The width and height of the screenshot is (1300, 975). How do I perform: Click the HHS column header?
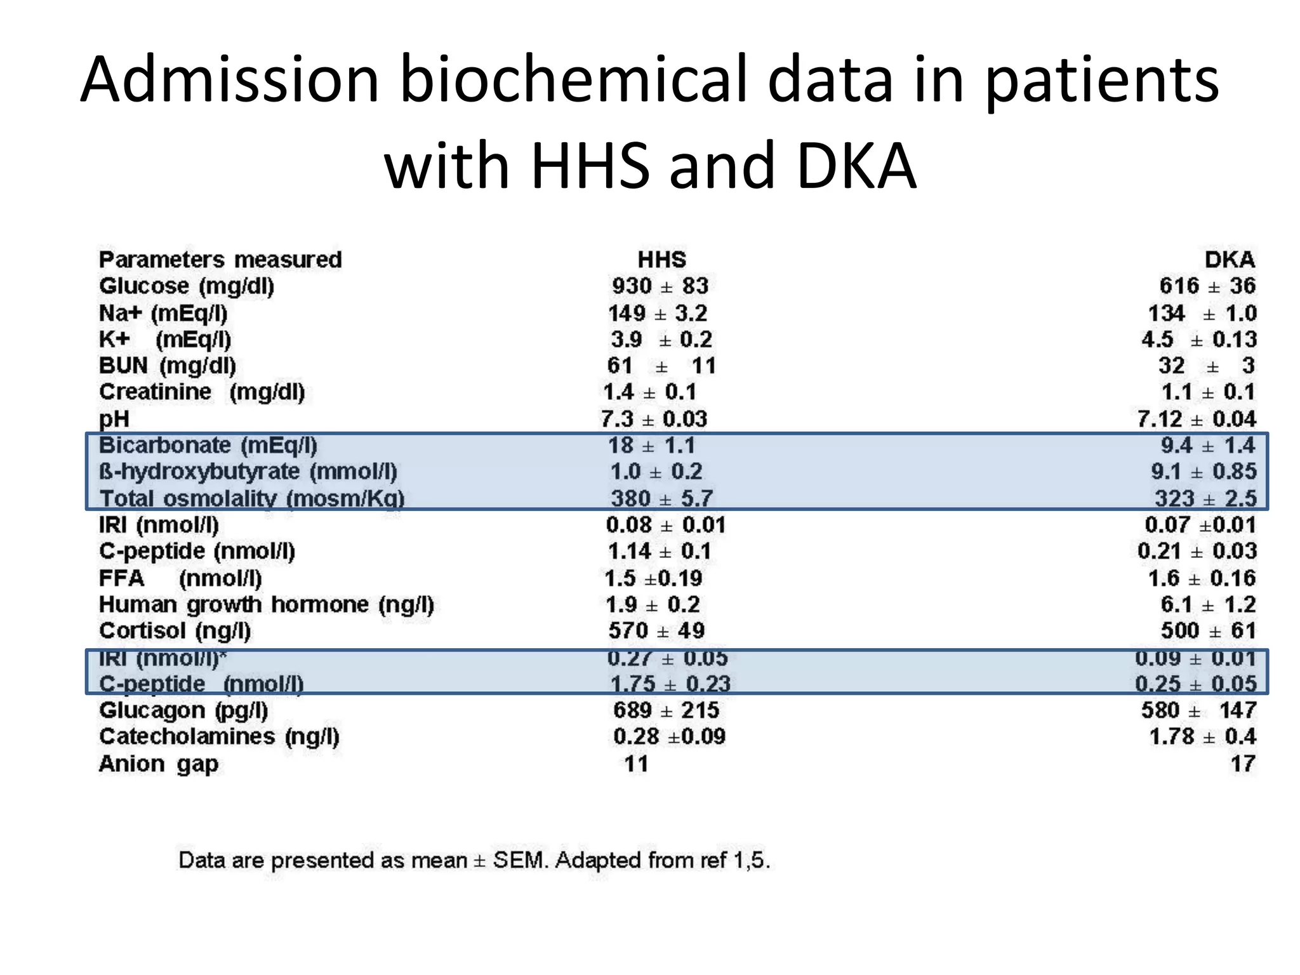coord(661,260)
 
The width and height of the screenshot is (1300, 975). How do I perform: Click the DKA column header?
coord(1230,260)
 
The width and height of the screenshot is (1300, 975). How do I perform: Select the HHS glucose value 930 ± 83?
coord(660,286)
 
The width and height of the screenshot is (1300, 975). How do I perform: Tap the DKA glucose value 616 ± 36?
coord(1207,286)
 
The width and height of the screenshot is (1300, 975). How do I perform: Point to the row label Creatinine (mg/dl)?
coord(202,392)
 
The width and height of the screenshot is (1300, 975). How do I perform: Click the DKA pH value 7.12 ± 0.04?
coord(1197,419)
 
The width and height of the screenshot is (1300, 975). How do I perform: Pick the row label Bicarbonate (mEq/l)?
coord(208,446)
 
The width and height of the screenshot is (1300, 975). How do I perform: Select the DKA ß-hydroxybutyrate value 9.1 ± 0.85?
coord(1204,472)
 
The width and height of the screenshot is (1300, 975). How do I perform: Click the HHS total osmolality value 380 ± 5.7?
coord(661,498)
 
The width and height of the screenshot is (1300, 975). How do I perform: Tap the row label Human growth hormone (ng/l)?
coord(267,604)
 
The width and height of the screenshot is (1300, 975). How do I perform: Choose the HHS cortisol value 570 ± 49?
coord(656,631)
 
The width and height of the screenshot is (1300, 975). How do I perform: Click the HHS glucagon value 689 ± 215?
coord(666,710)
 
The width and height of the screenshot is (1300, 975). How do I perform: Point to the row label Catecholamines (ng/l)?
coord(219,737)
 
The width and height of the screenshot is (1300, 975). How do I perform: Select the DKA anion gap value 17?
coord(1242,764)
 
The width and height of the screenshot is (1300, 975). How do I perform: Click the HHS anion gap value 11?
coord(636,764)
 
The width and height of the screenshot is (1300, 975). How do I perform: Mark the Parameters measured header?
coord(220,260)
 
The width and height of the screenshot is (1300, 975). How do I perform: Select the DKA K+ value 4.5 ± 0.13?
coord(1198,340)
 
